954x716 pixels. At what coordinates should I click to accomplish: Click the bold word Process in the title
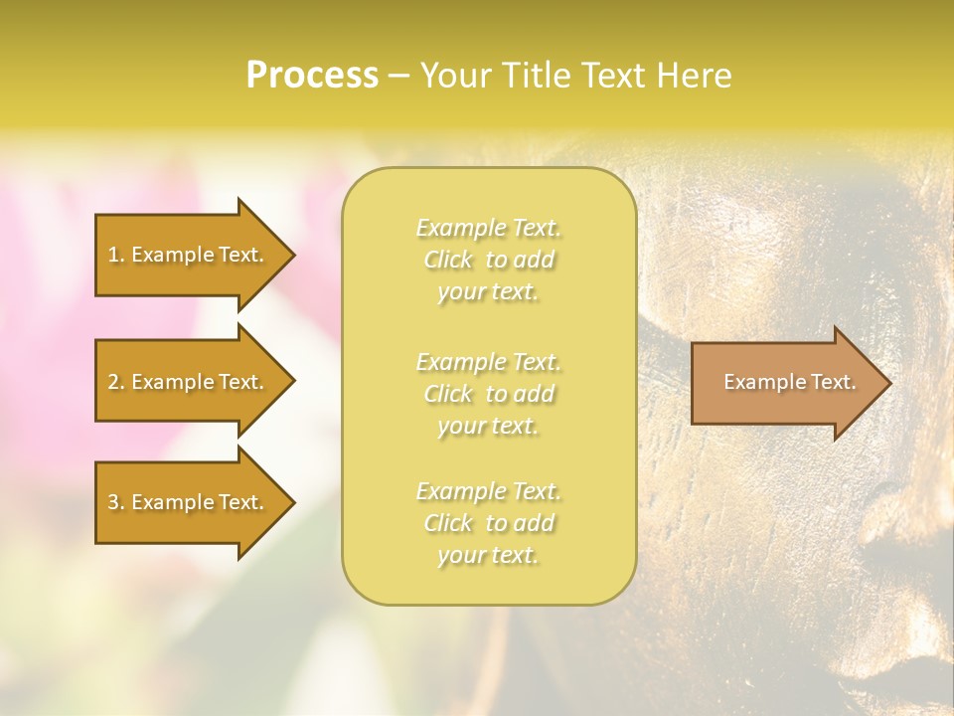(312, 76)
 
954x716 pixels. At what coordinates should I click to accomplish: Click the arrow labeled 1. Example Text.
(189, 255)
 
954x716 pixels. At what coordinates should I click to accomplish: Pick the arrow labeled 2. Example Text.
(189, 382)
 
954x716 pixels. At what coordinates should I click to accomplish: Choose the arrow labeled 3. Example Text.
(189, 502)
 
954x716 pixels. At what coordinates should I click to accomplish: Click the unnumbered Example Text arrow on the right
(785, 383)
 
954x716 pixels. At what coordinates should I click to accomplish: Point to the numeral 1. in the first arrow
(116, 255)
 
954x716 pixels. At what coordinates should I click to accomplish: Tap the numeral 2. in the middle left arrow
(116, 382)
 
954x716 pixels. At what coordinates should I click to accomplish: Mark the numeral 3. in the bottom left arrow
(116, 502)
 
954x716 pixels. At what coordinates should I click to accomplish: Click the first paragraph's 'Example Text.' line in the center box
(488, 229)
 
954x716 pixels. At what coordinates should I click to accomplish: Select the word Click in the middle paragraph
(448, 394)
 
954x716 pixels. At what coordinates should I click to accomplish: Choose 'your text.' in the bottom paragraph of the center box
(488, 555)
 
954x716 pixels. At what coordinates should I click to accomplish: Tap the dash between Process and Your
(398, 77)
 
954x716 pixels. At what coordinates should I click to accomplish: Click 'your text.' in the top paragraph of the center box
(488, 292)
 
